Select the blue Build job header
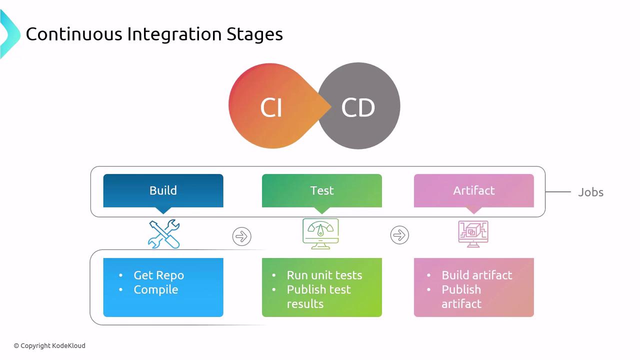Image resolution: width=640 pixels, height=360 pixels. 163,190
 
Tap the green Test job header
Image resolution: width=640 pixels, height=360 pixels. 322,190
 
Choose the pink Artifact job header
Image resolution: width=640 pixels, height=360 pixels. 473,190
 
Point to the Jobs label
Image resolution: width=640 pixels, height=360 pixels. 590,192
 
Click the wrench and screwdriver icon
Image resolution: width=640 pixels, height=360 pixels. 164,234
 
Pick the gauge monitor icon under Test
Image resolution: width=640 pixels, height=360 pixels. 320,233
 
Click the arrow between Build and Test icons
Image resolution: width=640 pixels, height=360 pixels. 242,236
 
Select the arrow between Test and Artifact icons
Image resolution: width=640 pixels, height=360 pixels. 399,235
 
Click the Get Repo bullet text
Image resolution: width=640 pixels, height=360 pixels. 158,275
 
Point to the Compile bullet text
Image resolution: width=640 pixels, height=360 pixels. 155,290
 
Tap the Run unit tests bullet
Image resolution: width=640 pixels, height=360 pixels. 324,275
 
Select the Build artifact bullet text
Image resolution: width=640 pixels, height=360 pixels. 476,275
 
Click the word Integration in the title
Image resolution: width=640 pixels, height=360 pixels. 174,34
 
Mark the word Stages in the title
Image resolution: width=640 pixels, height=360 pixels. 254,34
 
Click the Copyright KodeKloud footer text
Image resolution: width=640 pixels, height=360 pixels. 49,345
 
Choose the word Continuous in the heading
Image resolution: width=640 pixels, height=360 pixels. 73,34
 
